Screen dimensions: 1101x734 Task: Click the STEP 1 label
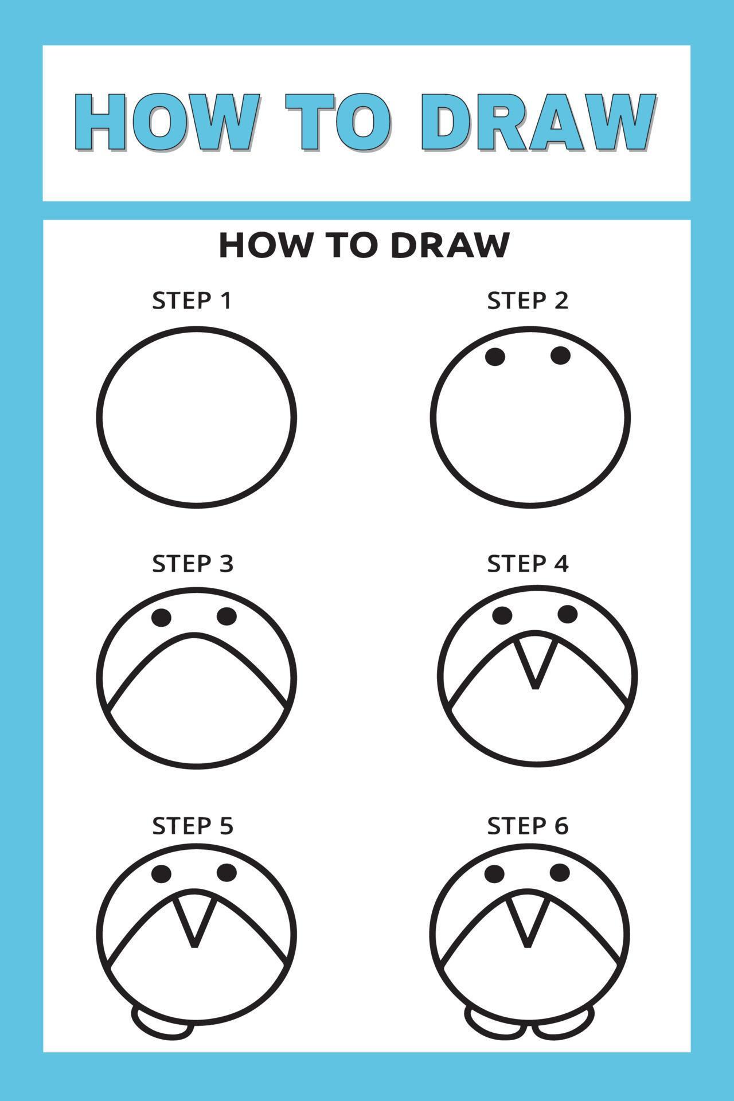(x=192, y=300)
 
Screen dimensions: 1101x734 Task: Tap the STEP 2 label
(x=528, y=300)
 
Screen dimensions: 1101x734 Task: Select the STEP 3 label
(x=193, y=564)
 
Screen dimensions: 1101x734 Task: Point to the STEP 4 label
(x=528, y=564)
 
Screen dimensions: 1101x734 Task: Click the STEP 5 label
(x=193, y=826)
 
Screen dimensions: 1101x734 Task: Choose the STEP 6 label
(x=528, y=826)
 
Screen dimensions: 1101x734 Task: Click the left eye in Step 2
(x=495, y=357)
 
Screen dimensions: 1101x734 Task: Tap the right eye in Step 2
(x=561, y=356)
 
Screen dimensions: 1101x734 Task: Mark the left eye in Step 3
(x=162, y=618)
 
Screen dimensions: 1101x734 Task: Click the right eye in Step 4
(x=568, y=614)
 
